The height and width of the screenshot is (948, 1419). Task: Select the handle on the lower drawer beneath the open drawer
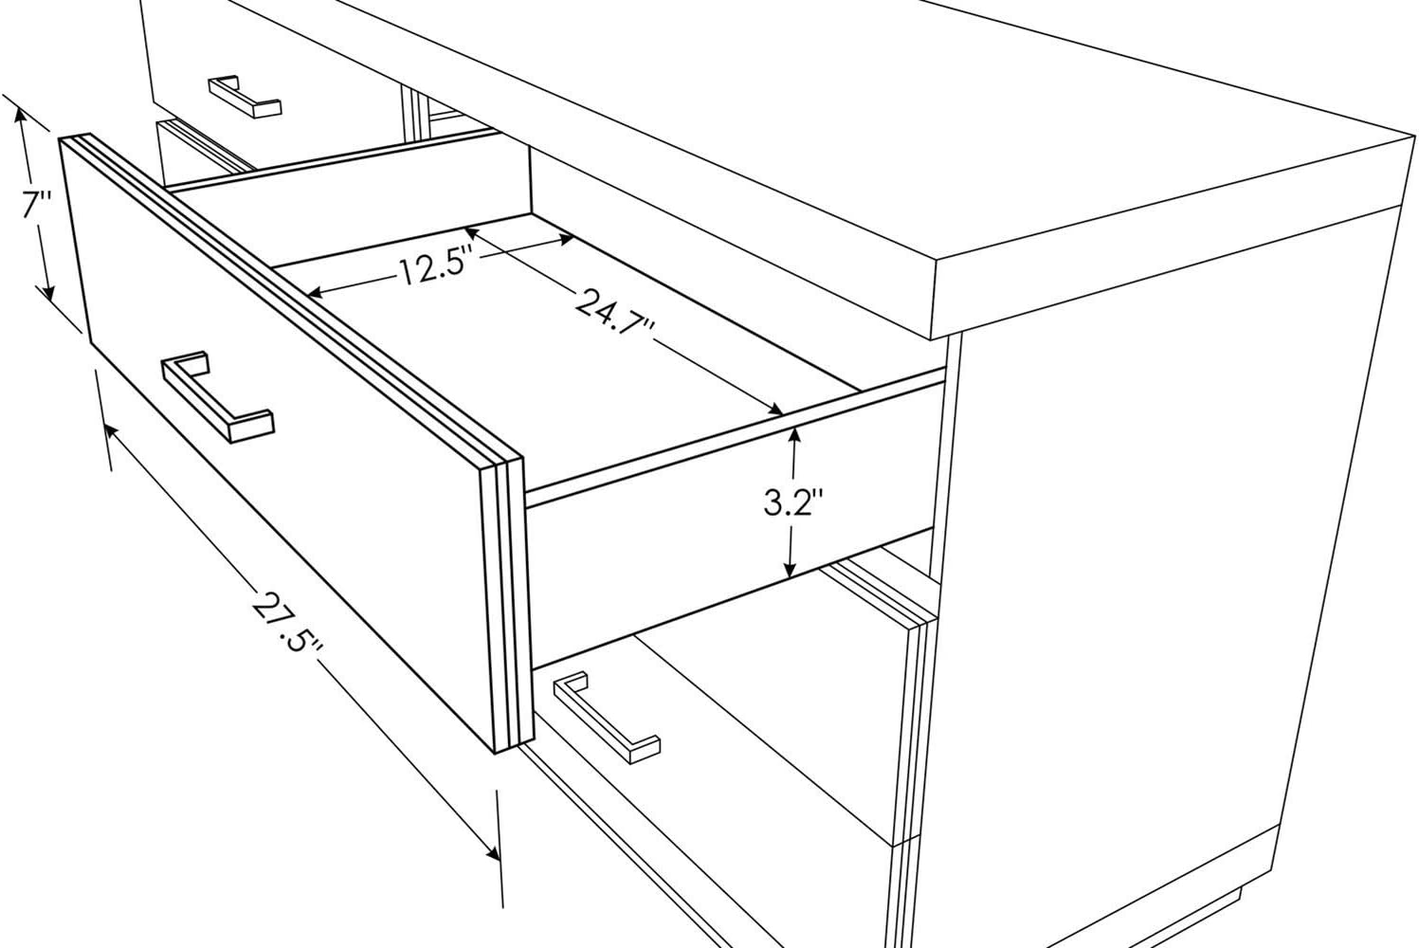(607, 717)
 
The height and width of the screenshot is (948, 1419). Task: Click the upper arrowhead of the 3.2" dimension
(793, 431)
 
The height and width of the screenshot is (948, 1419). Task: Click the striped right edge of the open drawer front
(506, 607)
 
